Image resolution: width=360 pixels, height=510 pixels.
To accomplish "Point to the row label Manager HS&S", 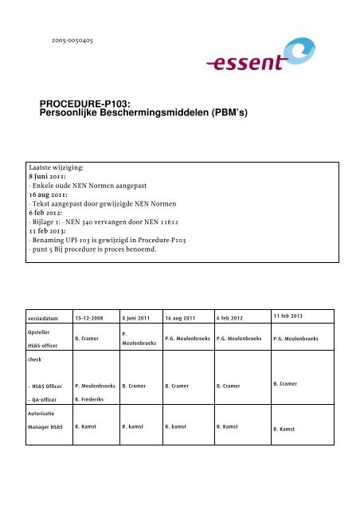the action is pos(49,426).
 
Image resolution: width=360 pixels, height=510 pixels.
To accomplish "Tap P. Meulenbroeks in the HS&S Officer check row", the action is pos(95,385).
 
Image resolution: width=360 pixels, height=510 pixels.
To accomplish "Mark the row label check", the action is pos(36,359).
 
